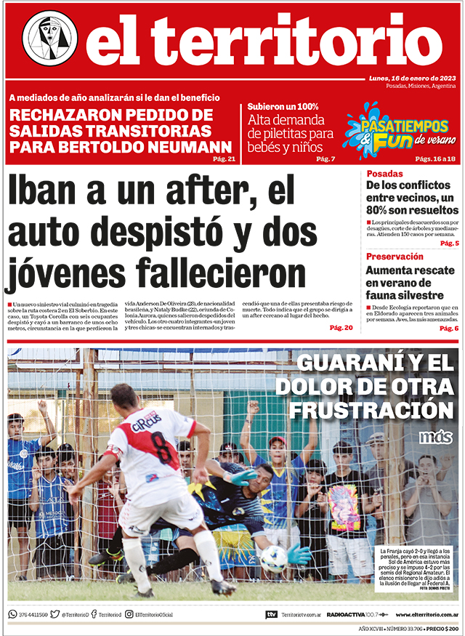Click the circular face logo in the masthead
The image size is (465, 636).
(x=49, y=38)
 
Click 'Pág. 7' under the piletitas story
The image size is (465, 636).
(x=327, y=159)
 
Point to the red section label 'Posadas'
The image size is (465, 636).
(x=385, y=174)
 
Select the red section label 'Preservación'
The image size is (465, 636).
(x=395, y=257)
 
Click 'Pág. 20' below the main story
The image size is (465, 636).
(x=341, y=328)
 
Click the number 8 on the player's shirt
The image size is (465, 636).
(x=164, y=448)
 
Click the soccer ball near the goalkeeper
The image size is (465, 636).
(x=273, y=558)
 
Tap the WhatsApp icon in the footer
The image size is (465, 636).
(x=12, y=614)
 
